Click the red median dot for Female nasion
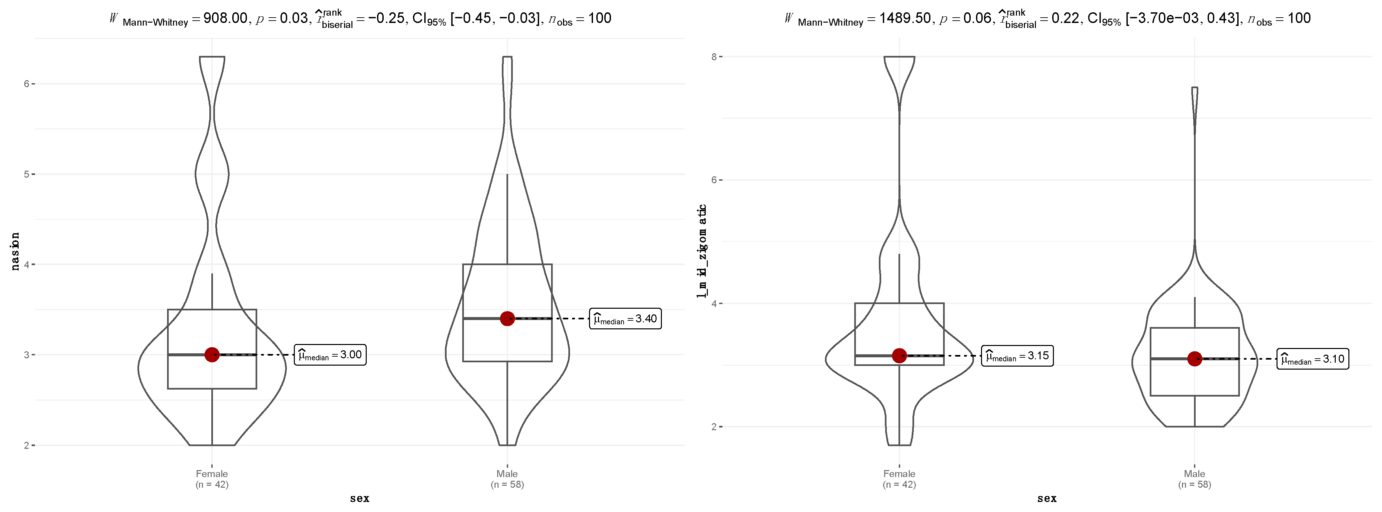212,354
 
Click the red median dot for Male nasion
507,318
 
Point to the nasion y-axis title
15,251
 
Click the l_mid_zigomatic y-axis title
702,251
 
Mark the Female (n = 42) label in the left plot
212,479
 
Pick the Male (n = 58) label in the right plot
1194,479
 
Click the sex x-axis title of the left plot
359,499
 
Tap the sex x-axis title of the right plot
1047,499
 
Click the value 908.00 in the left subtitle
225,18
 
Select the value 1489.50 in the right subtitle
905,18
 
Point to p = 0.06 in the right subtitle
966,18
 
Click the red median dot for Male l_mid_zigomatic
1194,359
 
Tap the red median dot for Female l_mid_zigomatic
899,355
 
